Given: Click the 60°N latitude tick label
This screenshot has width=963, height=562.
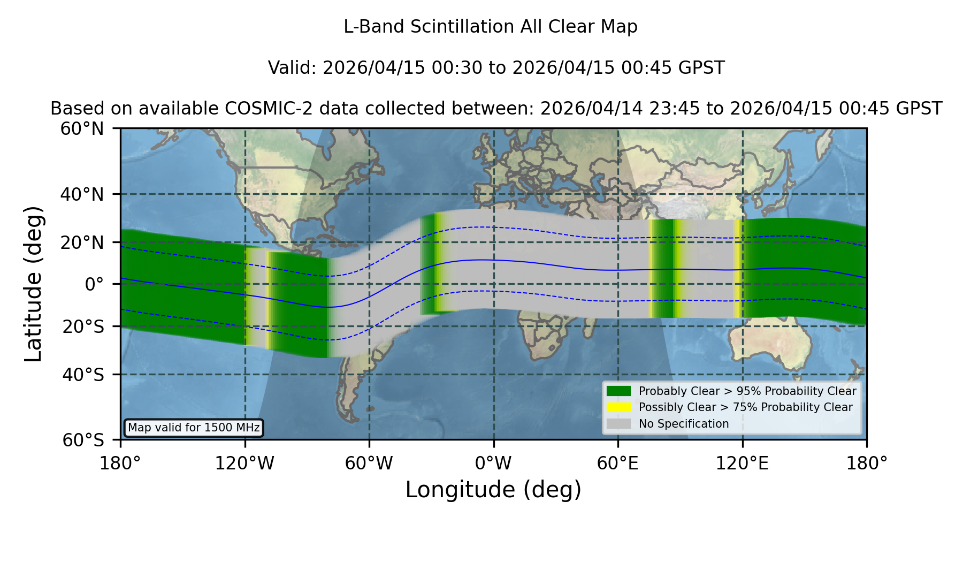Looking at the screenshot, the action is coord(82,128).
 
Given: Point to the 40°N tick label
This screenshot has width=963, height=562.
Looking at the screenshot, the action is coord(82,194).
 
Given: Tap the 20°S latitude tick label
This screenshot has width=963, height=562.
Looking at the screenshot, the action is coord(83,326).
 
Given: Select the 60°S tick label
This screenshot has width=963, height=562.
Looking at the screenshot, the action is coord(83,440).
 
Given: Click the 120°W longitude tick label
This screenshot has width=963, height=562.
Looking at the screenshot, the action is coord(244,463).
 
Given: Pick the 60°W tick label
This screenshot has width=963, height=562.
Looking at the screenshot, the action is coord(369,463).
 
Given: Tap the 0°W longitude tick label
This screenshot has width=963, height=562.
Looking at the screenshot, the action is coord(493,463).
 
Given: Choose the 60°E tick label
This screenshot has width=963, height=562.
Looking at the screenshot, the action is coord(618,463).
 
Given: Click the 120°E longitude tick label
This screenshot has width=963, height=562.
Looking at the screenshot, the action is coord(742,463).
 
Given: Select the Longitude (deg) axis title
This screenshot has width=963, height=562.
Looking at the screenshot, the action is coord(493,490).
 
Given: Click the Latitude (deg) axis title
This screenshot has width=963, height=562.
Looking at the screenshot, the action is coord(34,284).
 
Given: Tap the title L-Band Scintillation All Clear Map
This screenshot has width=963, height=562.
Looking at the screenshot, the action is coord(491,27).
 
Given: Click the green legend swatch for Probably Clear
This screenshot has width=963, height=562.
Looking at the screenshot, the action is coord(619,391).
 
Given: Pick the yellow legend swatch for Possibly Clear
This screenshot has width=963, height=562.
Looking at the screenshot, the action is coord(619,407).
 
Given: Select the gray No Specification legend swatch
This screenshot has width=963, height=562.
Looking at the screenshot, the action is coord(619,424).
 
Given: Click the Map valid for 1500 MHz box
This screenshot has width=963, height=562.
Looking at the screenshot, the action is coord(194,428).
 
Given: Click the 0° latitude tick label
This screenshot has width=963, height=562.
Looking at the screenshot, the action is coord(94,284).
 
